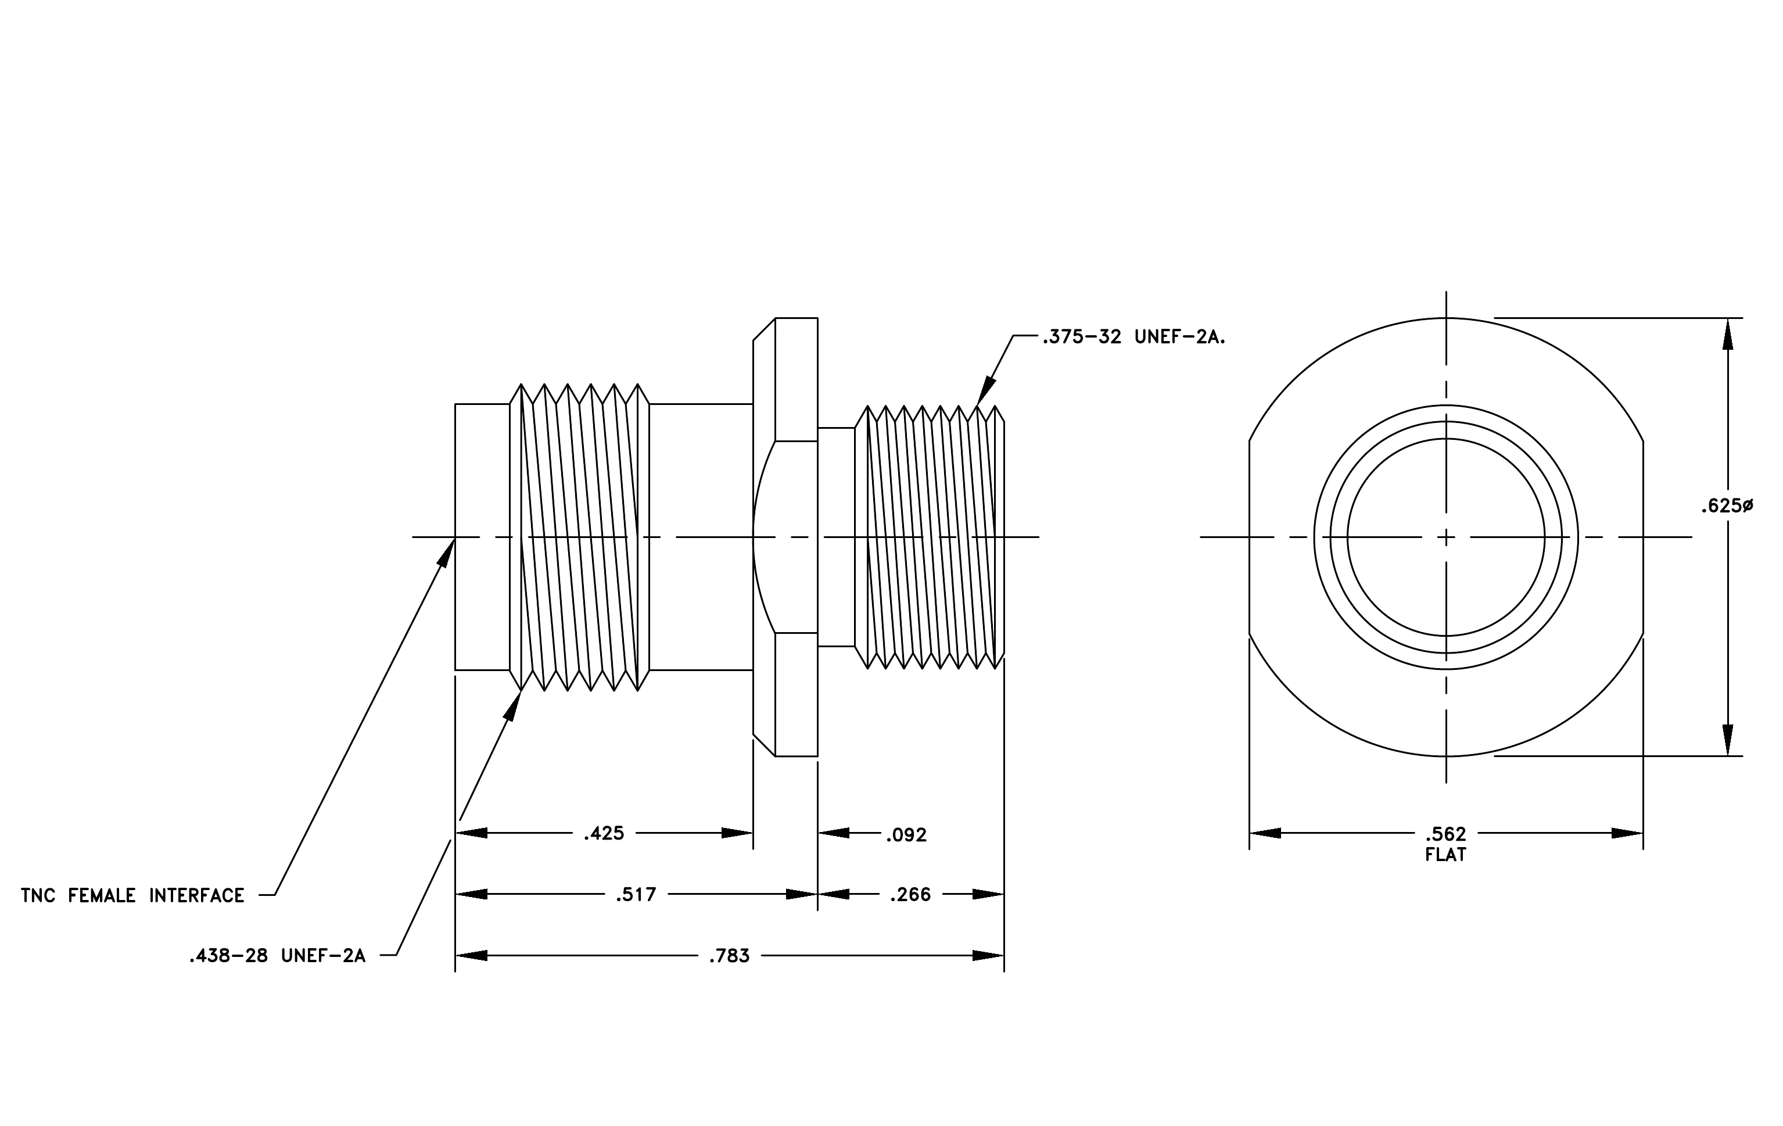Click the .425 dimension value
click(604, 834)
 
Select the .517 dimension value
click(636, 895)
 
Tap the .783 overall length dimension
click(729, 956)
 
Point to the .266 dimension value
click(910, 895)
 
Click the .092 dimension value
click(906, 835)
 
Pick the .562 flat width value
click(1445, 835)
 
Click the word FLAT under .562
click(1445, 855)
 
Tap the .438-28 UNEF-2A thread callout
click(278, 956)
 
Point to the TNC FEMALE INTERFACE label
click(132, 896)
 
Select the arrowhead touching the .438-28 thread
click(513, 704)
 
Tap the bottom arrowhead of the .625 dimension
click(1727, 740)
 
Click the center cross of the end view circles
click(1446, 537)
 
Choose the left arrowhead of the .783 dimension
click(471, 956)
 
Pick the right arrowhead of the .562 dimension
click(1627, 834)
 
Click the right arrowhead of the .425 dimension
click(737, 834)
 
